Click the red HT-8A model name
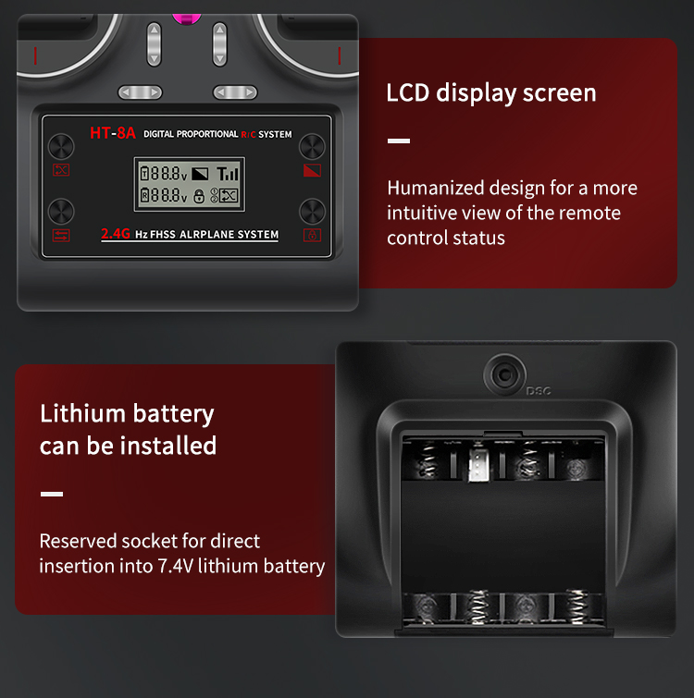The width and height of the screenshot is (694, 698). [113, 132]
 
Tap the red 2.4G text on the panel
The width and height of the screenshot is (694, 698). [116, 234]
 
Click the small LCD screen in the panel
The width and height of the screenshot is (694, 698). [190, 184]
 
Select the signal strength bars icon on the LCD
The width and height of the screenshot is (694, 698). [228, 174]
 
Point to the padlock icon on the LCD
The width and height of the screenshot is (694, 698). [199, 196]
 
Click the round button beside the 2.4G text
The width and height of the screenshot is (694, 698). [61, 212]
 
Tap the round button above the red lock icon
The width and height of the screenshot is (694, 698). [312, 212]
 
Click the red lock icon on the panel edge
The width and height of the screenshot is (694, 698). [312, 235]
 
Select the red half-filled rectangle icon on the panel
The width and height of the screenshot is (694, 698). [312, 170]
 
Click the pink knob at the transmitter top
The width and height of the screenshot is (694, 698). [187, 18]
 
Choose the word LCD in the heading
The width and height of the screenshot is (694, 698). [407, 93]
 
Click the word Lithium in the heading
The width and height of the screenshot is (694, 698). [83, 413]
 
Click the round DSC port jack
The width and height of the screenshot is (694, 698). [504, 374]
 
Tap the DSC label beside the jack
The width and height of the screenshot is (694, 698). [539, 391]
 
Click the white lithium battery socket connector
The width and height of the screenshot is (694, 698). [478, 464]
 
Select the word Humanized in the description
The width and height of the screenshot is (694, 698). [435, 188]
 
